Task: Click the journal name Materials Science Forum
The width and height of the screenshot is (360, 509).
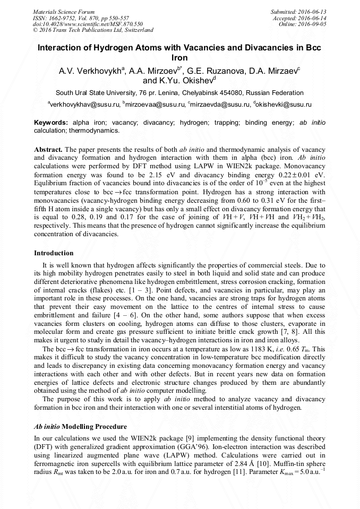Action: point(64,12)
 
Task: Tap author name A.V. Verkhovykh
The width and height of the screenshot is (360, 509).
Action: point(90,70)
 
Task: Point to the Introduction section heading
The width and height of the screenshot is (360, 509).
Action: point(54,253)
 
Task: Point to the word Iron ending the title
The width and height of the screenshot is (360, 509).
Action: point(180,57)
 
